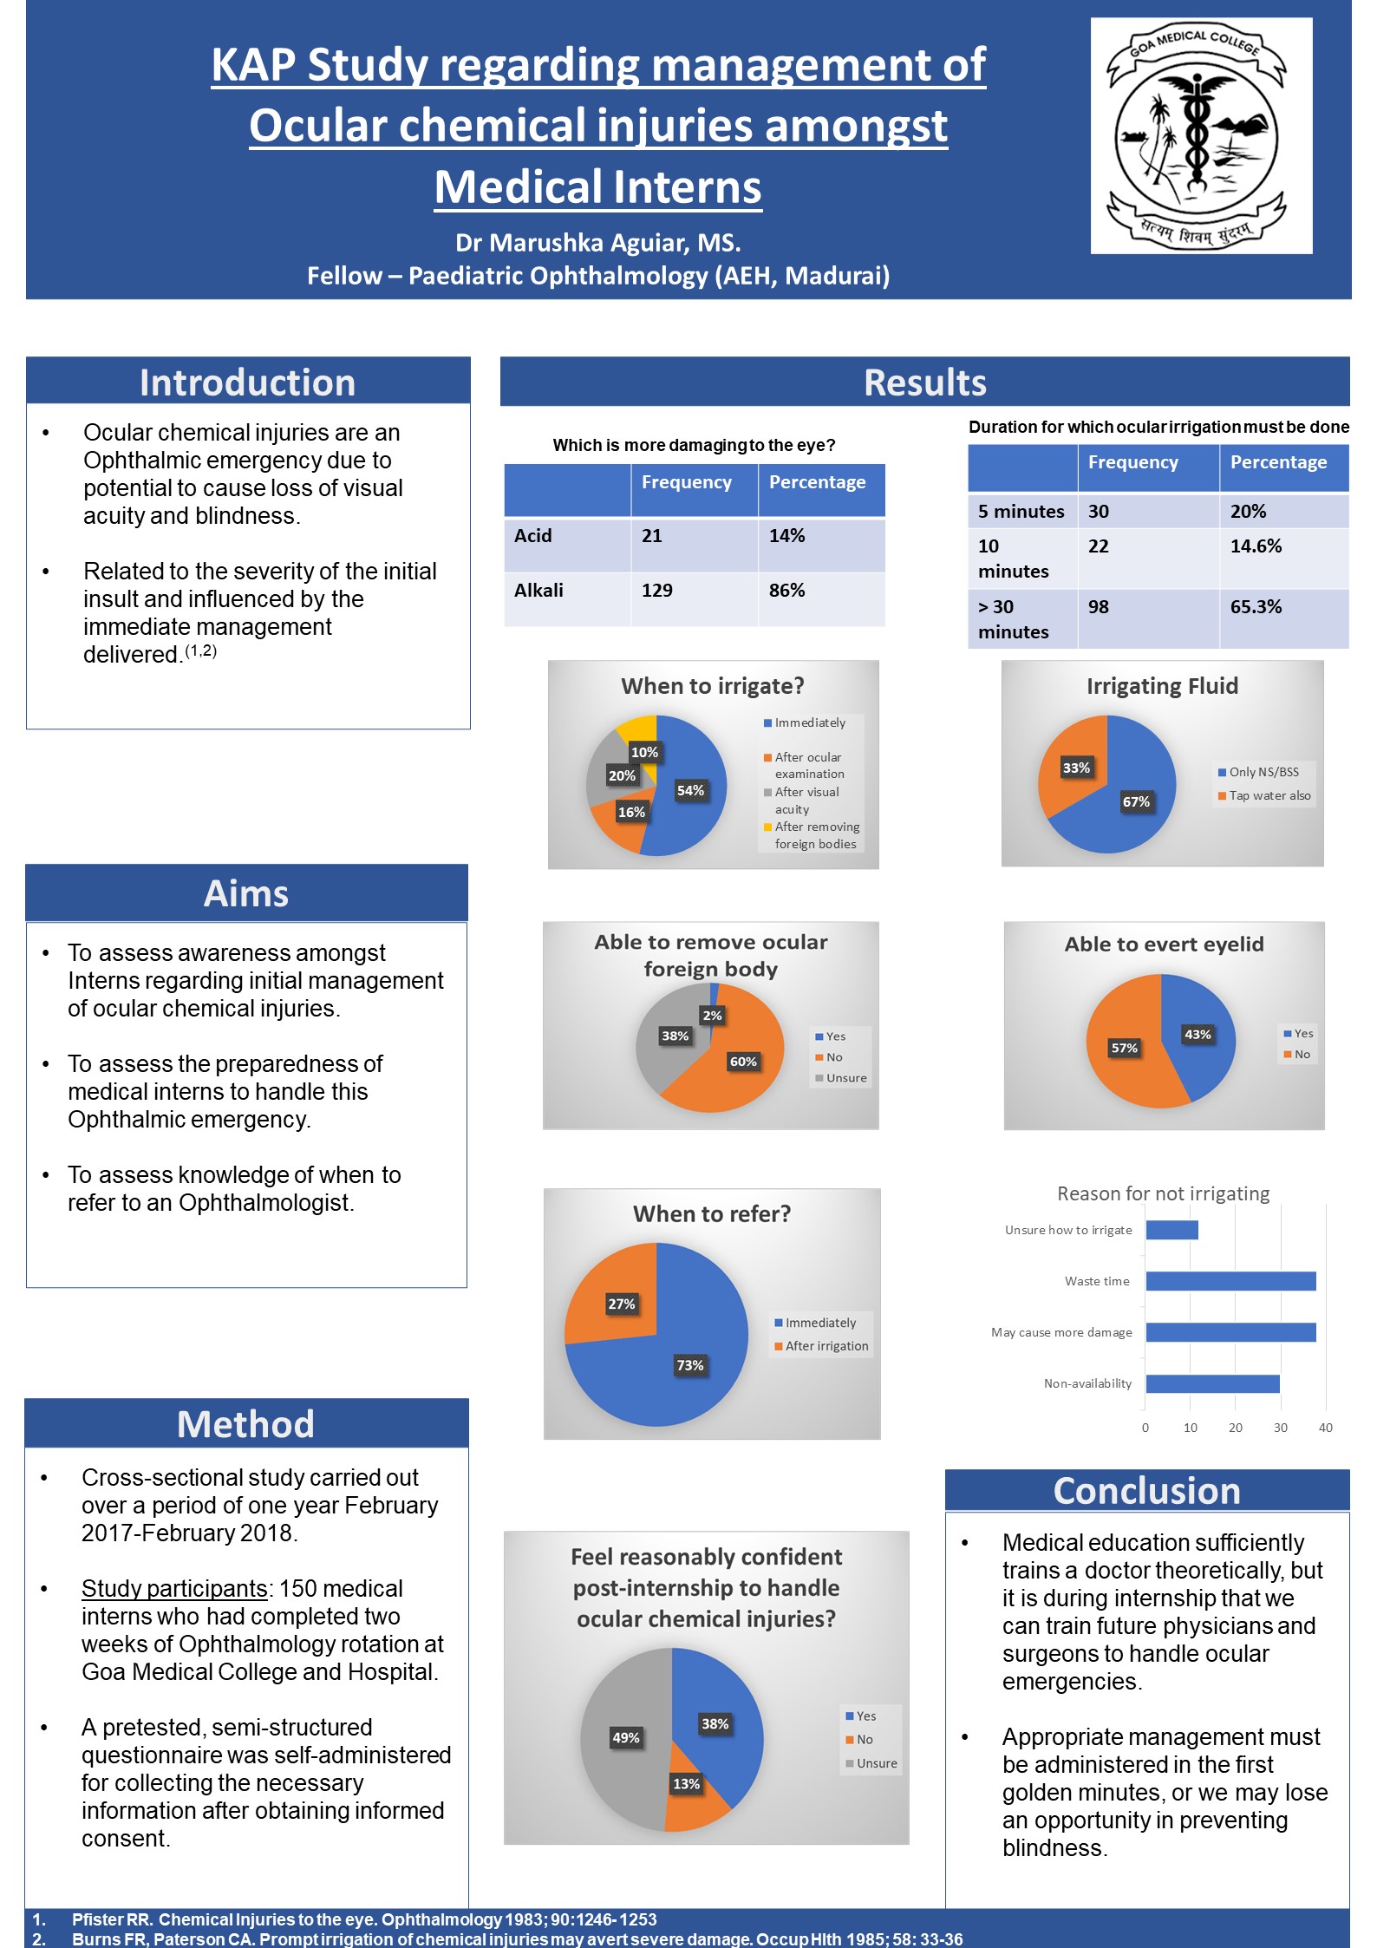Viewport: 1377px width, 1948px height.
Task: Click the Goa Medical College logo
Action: click(1201, 136)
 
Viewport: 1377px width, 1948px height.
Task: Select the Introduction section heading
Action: click(248, 382)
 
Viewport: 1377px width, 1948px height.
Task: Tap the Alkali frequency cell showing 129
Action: click(657, 591)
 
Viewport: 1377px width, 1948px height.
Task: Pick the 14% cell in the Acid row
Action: click(786, 536)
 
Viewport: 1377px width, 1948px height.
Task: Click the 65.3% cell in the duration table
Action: click(1256, 607)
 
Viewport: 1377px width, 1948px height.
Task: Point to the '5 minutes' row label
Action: click(1021, 512)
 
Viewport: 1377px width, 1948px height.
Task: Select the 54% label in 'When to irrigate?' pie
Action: click(690, 790)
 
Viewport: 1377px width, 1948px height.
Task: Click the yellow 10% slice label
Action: click(644, 752)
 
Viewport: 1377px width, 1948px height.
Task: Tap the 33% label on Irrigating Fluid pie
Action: click(1076, 768)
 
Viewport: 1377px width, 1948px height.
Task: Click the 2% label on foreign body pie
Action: click(712, 1015)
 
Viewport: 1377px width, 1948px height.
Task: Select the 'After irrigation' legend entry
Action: click(821, 1346)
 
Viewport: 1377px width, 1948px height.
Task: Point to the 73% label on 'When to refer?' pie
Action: click(690, 1365)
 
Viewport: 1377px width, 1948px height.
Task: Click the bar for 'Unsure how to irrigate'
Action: click(1172, 1230)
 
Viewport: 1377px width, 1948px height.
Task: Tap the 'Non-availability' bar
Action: click(1213, 1383)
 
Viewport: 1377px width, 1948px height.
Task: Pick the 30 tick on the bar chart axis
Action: click(1281, 1428)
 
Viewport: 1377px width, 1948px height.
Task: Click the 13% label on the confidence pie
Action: click(686, 1784)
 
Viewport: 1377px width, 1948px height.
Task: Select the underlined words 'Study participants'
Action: click(174, 1588)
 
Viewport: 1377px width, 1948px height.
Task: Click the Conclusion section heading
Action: click(1146, 1491)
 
